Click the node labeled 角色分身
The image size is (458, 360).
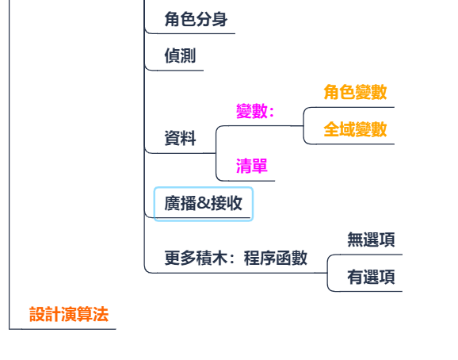click(196, 19)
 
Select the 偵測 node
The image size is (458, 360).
click(180, 56)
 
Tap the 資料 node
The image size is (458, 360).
click(180, 138)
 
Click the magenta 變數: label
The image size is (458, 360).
click(255, 111)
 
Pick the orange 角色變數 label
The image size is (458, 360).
click(355, 92)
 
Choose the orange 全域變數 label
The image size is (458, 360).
click(355, 129)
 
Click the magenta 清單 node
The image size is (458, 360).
click(252, 166)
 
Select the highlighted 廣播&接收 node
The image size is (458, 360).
click(204, 203)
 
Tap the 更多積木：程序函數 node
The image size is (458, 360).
click(235, 258)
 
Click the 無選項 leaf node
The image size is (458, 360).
click(371, 239)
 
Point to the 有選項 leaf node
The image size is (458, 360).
click(371, 277)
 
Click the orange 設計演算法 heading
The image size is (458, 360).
click(69, 315)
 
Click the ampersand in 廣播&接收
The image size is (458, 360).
click(204, 203)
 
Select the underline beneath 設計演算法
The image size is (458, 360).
click(63, 329)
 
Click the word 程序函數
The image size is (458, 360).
click(276, 258)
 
